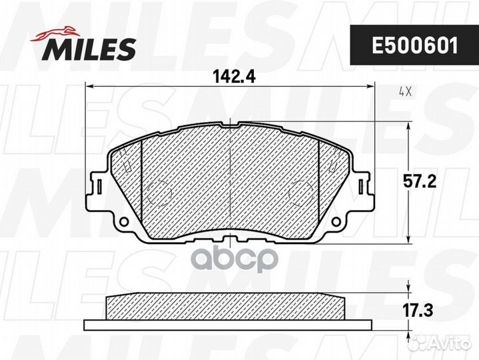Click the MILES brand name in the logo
[x=90, y=48]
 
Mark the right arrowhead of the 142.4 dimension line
[x=370, y=86]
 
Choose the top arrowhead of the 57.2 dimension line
[x=408, y=125]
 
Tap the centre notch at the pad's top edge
[x=230, y=123]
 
